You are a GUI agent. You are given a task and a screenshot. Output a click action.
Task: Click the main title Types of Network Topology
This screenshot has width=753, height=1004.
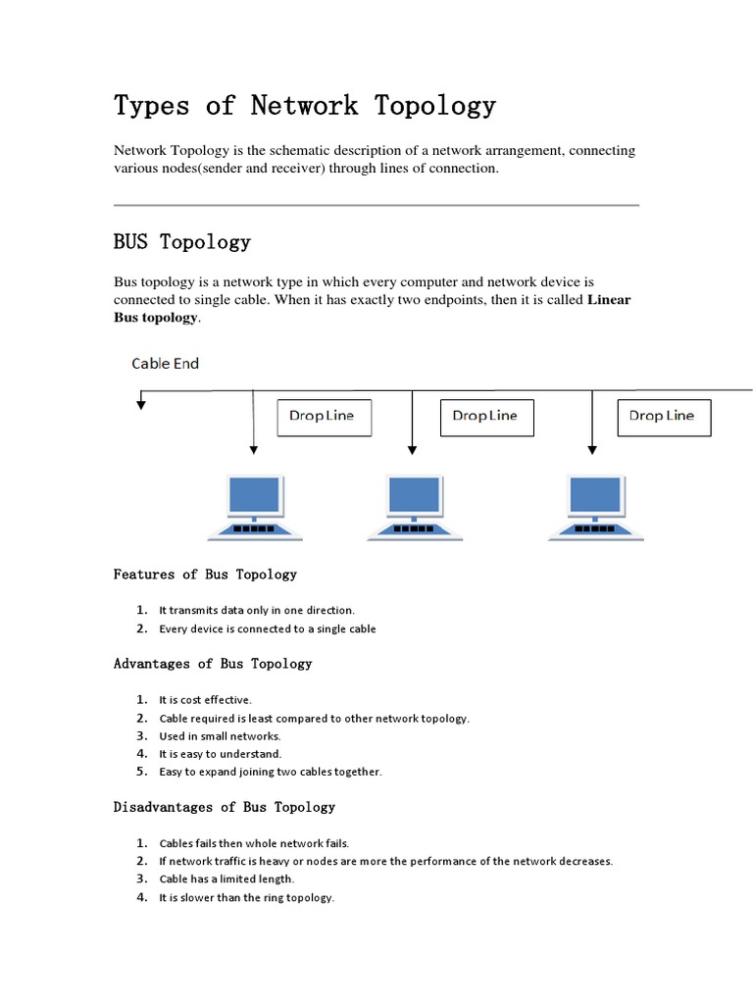tap(305, 105)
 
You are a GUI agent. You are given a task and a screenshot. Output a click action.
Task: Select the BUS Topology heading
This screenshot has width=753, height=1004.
tap(182, 241)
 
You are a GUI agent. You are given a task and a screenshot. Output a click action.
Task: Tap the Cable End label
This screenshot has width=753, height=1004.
tap(166, 364)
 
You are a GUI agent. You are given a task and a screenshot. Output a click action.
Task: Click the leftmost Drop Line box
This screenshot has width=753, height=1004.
tap(322, 417)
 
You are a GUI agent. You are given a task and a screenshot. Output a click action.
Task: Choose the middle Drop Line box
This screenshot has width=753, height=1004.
tap(485, 417)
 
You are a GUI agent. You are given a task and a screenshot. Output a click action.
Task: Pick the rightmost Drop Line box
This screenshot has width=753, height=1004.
tap(663, 417)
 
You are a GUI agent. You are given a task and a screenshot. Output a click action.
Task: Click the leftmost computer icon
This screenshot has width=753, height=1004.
tap(255, 506)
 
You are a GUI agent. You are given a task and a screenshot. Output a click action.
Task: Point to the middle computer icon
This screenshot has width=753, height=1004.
tap(414, 506)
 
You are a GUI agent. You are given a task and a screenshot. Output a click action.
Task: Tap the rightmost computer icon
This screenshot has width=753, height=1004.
tap(594, 506)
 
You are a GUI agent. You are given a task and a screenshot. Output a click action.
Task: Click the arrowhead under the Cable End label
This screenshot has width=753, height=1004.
tap(141, 403)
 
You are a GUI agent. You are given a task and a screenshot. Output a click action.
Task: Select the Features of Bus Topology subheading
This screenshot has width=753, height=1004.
tap(205, 575)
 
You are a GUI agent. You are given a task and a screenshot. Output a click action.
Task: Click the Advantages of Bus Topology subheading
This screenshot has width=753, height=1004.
tap(213, 664)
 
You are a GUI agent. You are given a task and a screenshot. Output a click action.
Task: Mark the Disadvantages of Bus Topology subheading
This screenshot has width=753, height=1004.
tap(225, 807)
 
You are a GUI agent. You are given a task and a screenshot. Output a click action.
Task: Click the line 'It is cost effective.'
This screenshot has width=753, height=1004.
tap(206, 700)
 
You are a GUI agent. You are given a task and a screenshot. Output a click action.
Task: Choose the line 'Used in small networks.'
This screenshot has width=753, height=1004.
tap(220, 736)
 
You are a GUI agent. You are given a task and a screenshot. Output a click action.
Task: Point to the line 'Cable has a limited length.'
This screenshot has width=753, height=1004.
tap(226, 879)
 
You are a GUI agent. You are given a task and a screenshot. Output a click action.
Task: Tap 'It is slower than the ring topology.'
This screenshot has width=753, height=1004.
tap(247, 897)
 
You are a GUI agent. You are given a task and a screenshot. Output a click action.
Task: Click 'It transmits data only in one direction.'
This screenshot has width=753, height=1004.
tap(257, 610)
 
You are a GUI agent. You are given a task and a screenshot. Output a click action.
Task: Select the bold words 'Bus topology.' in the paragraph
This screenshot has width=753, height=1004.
tap(157, 319)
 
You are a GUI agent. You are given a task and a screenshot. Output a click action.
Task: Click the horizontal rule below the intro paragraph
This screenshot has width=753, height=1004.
tap(376, 206)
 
